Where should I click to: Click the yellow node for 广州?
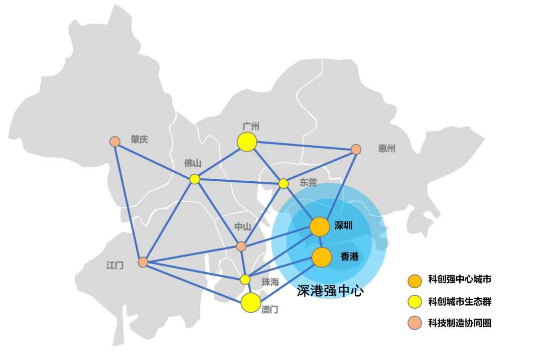pos(247,142)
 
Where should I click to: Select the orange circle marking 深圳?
pos(319,227)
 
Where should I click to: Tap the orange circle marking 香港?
pos(322,257)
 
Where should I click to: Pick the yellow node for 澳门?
pos(250,303)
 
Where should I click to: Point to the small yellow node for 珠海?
pos(245,280)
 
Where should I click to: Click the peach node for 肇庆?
pos(115,142)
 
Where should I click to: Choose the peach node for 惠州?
pos(356,150)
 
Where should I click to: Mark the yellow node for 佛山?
pos(195,179)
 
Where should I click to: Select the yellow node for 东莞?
pos(283,184)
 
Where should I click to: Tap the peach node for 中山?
pos(241,246)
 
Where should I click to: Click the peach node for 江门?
pos(143,262)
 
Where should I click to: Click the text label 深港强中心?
pos(330,291)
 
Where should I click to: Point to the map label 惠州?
pos(387,149)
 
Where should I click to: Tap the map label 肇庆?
pos(140,140)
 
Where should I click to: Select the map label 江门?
pos(115,266)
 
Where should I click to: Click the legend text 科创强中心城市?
pos(460,280)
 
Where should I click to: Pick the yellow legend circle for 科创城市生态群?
pos(415,302)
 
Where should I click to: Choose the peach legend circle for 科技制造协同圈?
pos(415,323)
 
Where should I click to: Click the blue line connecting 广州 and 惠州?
pos(302,146)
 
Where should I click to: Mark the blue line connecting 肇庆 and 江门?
pos(128,202)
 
